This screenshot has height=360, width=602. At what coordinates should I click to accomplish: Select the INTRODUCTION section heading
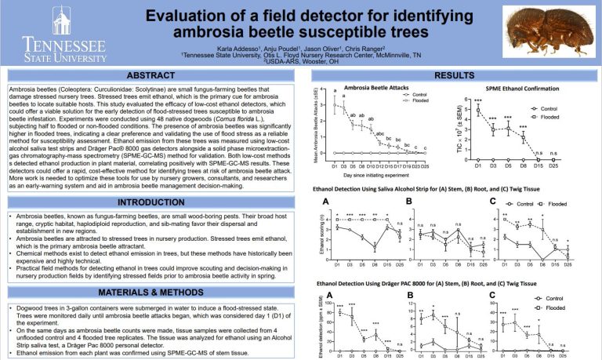click(x=150, y=202)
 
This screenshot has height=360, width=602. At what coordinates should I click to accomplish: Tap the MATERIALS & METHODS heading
click(x=150, y=293)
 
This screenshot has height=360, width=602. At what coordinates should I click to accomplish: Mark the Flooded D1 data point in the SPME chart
click(x=478, y=109)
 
